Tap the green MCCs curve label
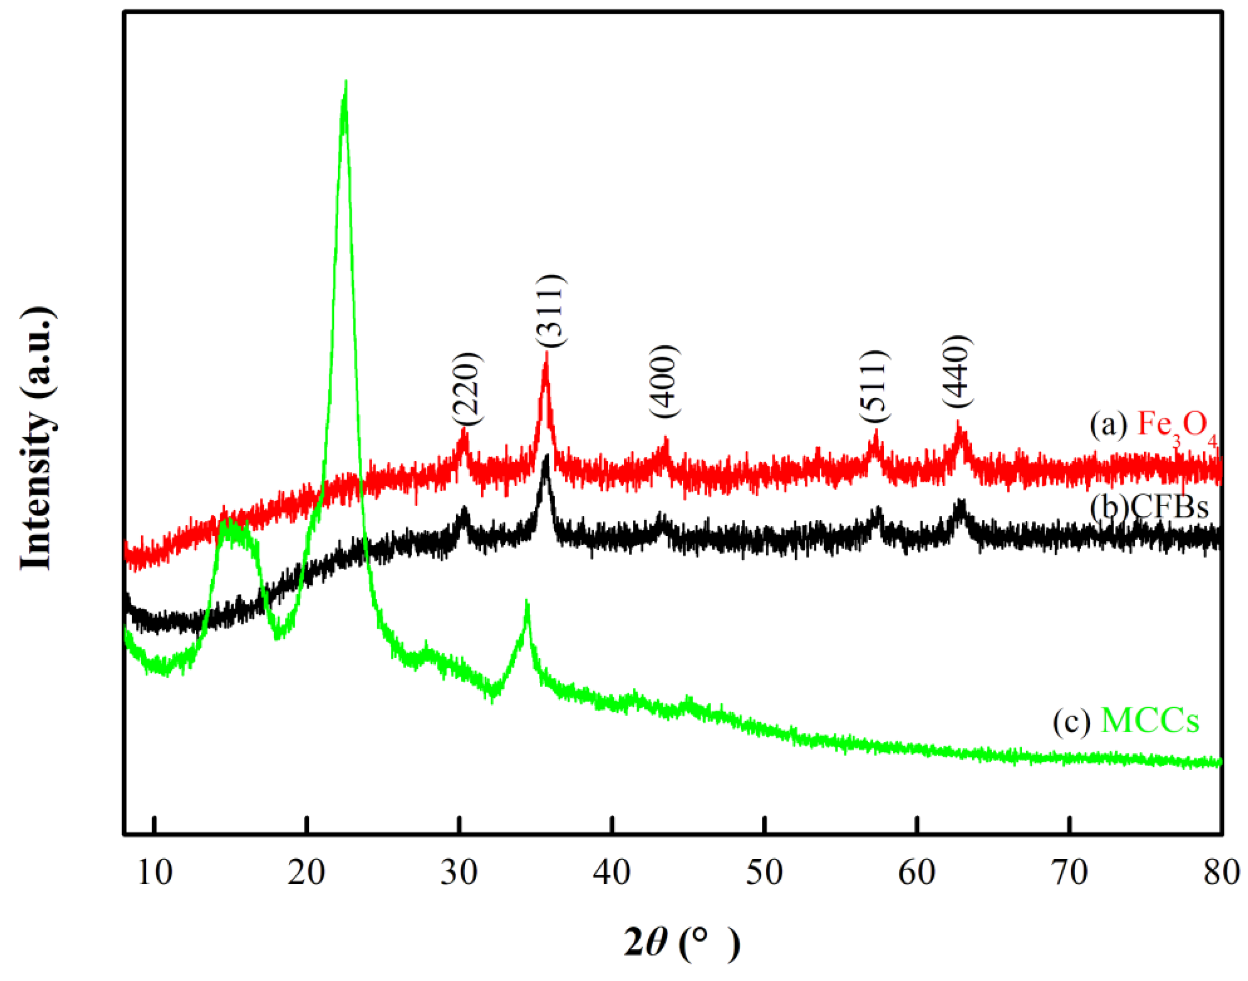[1126, 722]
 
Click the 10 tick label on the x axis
[155, 873]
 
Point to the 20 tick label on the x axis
[307, 873]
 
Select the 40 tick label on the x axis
[612, 873]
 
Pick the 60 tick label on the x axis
[917, 873]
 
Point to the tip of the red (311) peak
[546, 353]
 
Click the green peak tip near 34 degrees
[527, 601]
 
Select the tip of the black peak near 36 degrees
[546, 455]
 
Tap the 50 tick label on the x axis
[765, 873]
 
